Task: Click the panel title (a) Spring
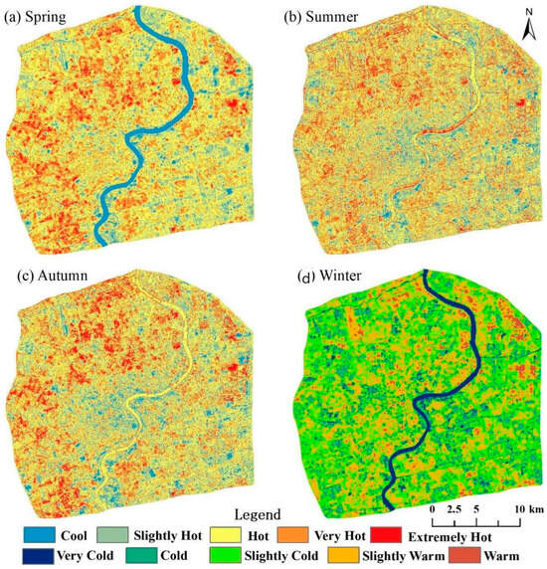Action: point(42,17)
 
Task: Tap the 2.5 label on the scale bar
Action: point(456,509)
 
